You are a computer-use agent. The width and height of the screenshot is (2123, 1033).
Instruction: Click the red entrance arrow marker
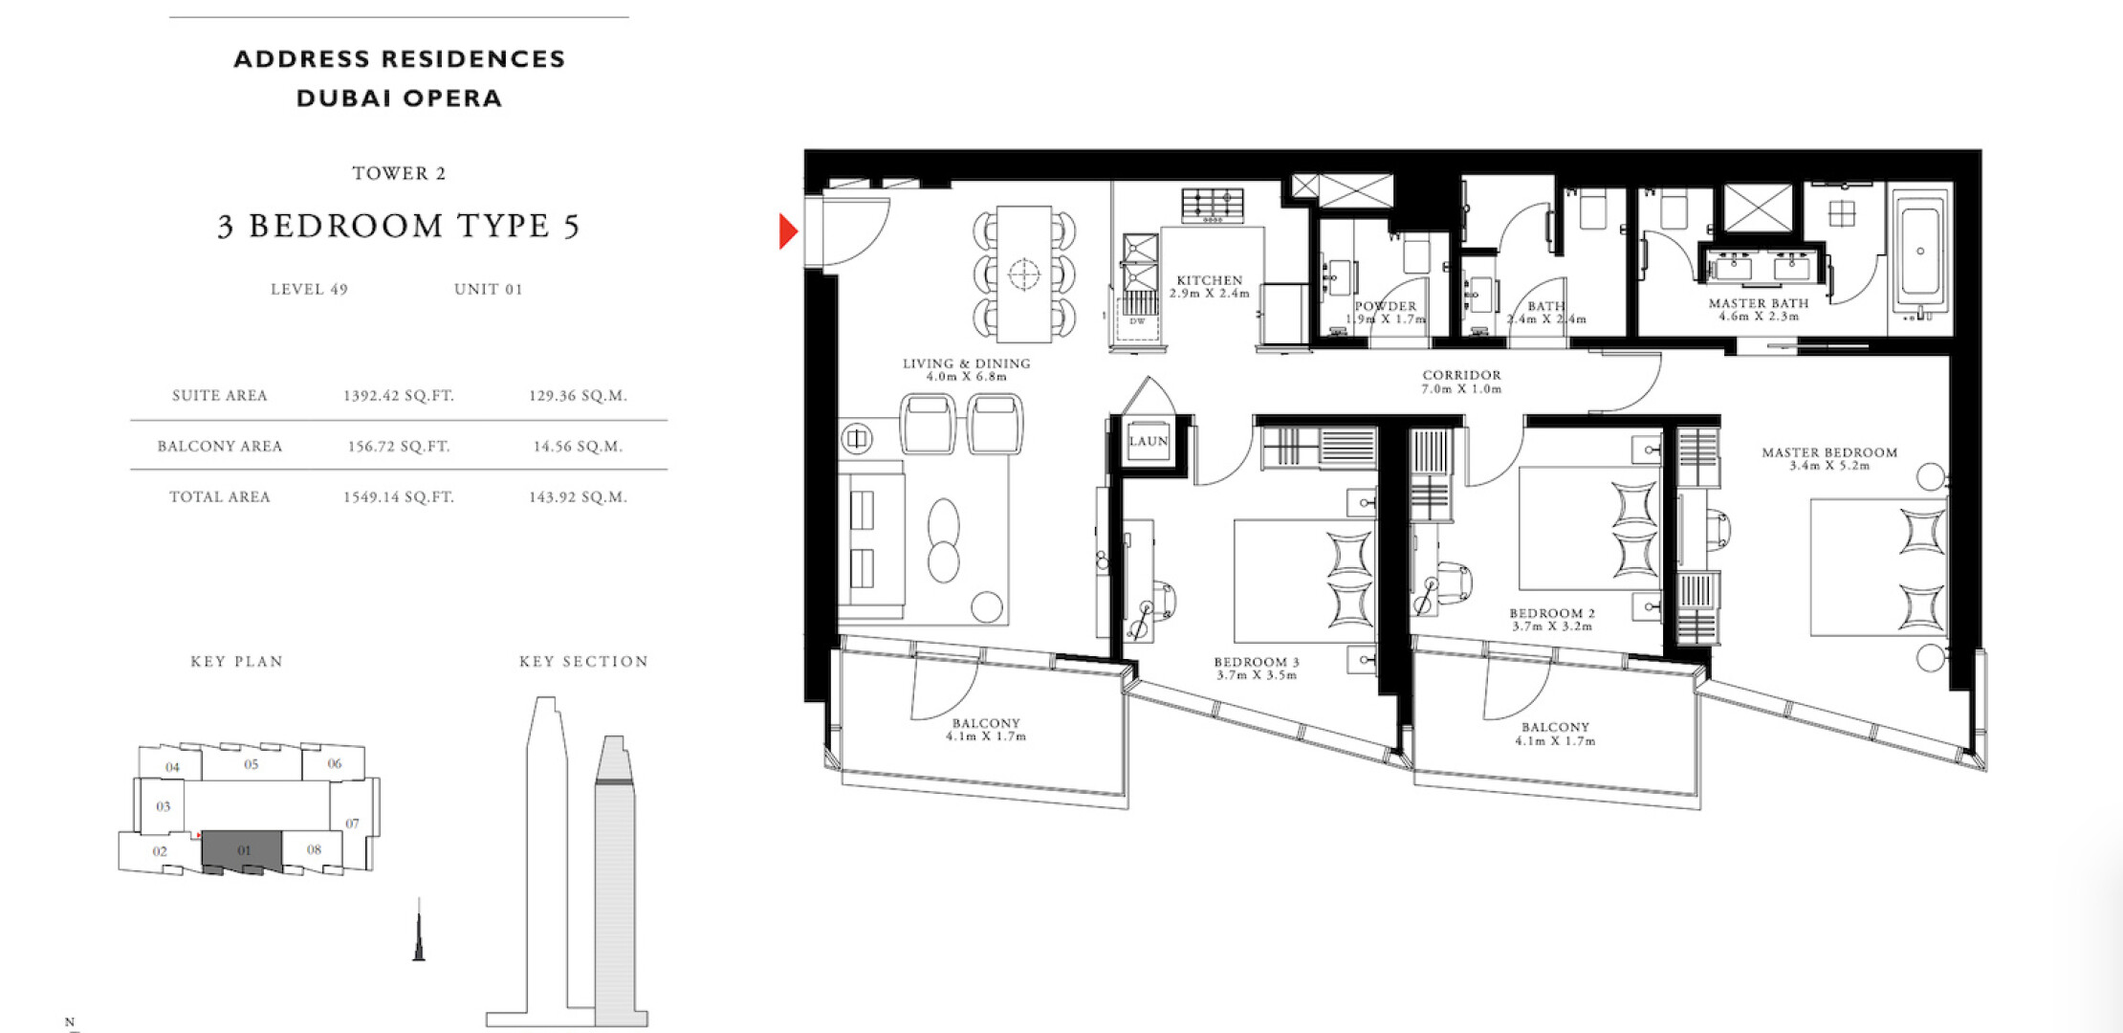point(787,231)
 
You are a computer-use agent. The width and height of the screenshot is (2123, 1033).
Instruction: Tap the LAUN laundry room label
point(1149,441)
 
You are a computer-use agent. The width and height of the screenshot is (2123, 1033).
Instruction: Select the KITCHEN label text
point(1210,280)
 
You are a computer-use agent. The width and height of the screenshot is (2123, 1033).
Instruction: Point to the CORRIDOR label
point(1461,375)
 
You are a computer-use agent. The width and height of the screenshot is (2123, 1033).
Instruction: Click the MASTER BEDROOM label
point(1829,452)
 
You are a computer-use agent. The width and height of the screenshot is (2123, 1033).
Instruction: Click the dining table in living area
point(1024,274)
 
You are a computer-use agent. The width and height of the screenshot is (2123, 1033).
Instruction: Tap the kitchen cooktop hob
point(1213,206)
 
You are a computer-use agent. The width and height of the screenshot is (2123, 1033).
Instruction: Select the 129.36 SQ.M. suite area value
point(578,395)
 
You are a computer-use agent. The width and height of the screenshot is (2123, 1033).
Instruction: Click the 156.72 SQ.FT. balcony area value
point(399,446)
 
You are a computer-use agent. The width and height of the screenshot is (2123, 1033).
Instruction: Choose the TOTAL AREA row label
point(220,496)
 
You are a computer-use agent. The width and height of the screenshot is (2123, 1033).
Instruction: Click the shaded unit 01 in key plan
point(242,850)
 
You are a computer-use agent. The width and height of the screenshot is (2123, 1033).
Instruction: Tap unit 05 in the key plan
point(252,764)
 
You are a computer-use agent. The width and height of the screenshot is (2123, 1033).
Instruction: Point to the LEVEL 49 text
point(309,289)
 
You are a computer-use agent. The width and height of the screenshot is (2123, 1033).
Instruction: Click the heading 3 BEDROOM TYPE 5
point(399,226)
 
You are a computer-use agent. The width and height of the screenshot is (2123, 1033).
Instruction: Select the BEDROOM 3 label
point(1257,662)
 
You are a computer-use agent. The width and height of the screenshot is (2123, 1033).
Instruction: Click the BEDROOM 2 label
point(1552,613)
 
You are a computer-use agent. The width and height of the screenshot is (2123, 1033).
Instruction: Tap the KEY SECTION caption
point(583,661)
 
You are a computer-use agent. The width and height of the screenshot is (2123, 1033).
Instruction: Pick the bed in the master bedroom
point(1878,566)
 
